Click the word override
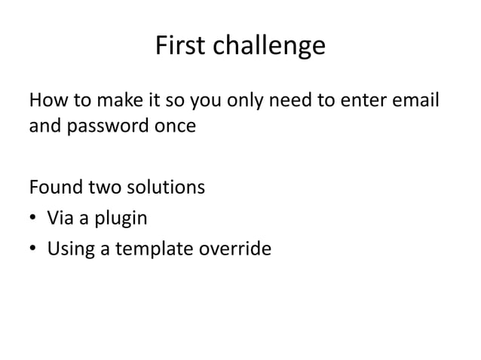coord(237,246)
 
